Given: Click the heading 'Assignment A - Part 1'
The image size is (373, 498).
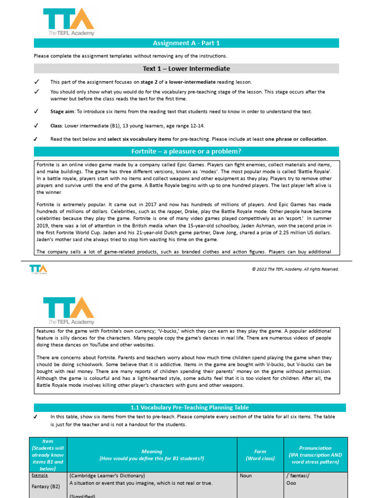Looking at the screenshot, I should (186, 43).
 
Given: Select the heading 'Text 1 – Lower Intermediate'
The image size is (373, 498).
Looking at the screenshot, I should (186, 69).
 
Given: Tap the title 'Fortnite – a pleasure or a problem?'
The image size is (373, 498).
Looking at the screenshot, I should (186, 151).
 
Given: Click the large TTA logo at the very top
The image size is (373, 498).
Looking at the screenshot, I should (68, 22).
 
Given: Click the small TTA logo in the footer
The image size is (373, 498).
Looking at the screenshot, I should (38, 269).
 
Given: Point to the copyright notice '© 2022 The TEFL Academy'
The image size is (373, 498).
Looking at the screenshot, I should (302, 269).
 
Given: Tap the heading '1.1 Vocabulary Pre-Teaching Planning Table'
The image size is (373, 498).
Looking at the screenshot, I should (186, 408).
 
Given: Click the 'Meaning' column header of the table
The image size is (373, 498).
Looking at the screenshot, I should (152, 455).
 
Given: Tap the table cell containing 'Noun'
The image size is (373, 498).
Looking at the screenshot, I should (246, 476).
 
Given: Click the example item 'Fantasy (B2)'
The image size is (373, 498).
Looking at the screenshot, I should (48, 486).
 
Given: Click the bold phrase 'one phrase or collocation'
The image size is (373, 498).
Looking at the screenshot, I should (296, 139).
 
